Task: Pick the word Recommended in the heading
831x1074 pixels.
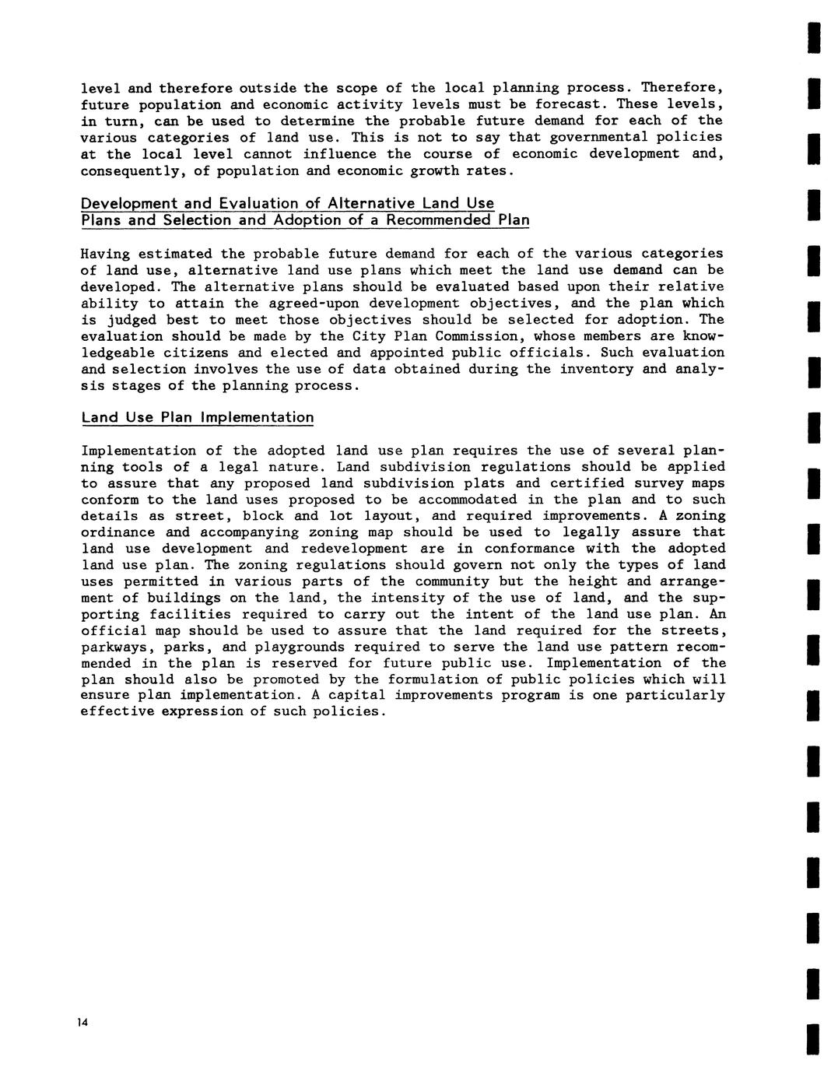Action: pos(439,220)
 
